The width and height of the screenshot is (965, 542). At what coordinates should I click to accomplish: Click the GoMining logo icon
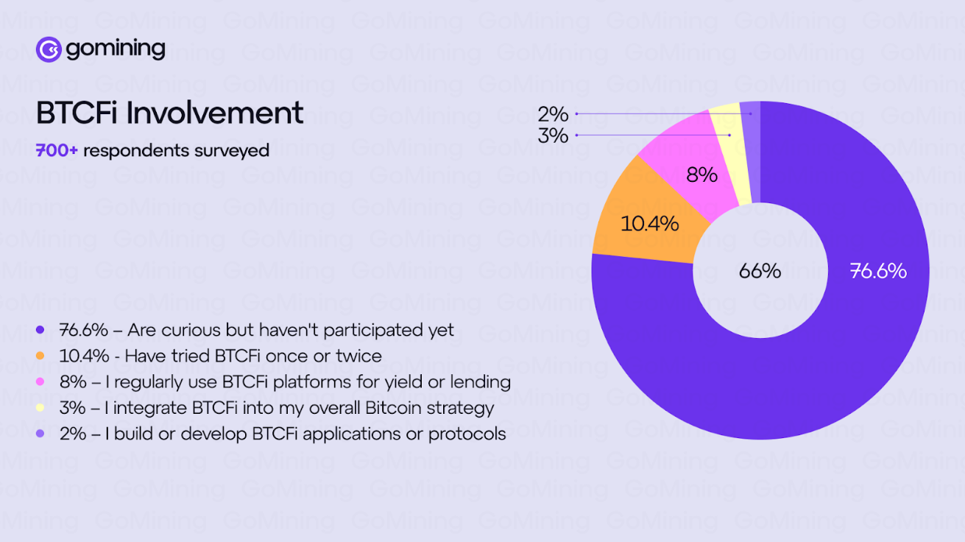tap(49, 49)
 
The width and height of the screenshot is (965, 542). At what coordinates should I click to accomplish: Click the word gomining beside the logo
tap(116, 49)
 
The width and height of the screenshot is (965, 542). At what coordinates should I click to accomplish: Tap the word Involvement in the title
tap(215, 113)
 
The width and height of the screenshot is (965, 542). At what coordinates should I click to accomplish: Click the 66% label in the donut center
tap(760, 271)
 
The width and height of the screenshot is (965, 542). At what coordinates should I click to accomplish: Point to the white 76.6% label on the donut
tap(878, 271)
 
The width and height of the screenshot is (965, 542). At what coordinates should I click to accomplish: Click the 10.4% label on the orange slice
tap(649, 224)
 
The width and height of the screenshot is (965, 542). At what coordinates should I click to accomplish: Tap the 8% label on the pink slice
tap(701, 175)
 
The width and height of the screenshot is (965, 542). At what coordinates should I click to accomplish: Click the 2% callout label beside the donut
tap(553, 114)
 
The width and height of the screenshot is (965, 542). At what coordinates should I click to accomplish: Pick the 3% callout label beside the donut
tap(553, 135)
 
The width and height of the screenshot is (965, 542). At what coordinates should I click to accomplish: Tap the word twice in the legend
tap(358, 356)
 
